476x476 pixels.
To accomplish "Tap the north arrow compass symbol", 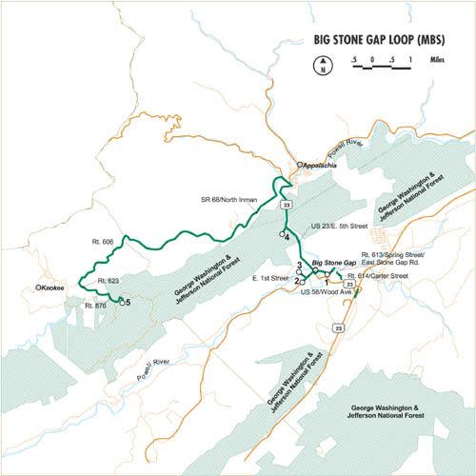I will click(323, 66).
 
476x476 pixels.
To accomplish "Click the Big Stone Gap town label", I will click(333, 262).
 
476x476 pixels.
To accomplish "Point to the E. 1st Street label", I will click(269, 278).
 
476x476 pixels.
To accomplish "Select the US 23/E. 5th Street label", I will click(339, 226).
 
